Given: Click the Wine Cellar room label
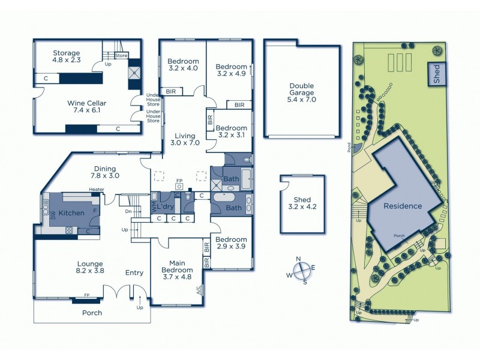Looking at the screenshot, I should (83, 106).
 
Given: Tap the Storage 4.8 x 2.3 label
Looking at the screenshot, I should (66, 57).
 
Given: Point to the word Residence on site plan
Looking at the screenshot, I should (403, 206).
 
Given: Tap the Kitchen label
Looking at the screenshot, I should (71, 212).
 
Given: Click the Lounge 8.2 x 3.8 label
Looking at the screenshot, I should (91, 267).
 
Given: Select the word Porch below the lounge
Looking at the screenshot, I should (92, 313).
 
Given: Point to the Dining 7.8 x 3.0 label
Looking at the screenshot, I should (106, 172).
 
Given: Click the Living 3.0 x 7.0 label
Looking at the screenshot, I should (185, 139).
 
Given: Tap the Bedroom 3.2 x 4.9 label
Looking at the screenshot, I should (232, 70).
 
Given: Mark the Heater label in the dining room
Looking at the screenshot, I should (97, 190).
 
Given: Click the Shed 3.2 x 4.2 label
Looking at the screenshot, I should (302, 203).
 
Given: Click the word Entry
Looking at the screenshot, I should (134, 273).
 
